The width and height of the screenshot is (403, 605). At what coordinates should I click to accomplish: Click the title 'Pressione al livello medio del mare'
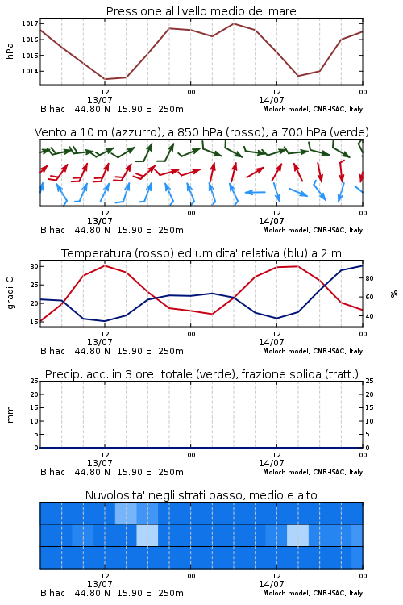click(x=201, y=11)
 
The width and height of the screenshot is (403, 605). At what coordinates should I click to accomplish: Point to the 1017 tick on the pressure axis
click(x=30, y=23)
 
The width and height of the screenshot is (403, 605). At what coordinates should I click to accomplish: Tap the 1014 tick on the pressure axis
click(x=30, y=71)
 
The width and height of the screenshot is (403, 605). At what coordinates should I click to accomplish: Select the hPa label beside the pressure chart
click(x=10, y=51)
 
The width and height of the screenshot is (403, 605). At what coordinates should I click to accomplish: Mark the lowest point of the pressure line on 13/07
click(x=105, y=79)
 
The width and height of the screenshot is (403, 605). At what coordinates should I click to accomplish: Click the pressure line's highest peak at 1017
click(x=234, y=23)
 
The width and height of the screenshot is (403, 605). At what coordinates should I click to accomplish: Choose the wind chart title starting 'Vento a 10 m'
click(x=201, y=132)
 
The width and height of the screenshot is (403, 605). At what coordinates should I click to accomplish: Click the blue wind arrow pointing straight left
click(x=256, y=192)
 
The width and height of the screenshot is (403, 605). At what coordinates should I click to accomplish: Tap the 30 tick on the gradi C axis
click(x=35, y=266)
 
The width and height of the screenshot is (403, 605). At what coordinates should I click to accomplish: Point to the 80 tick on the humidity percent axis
click(x=369, y=278)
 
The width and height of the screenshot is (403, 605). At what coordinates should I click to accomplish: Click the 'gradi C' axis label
click(x=10, y=294)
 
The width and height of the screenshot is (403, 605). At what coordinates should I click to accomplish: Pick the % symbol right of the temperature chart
click(x=394, y=294)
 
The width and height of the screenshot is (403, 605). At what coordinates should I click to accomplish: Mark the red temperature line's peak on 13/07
click(x=105, y=265)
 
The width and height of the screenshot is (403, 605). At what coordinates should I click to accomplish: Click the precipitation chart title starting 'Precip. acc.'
click(x=201, y=374)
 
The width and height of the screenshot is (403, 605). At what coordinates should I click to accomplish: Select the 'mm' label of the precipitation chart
click(x=10, y=415)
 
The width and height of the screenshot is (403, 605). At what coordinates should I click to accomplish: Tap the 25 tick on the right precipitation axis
click(x=369, y=381)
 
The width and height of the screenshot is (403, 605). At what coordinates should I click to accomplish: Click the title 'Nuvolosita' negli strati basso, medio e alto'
click(x=201, y=495)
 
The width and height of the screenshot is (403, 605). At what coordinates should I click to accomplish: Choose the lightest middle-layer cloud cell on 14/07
click(x=297, y=535)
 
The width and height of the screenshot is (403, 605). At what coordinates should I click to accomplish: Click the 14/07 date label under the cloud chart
click(x=271, y=584)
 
